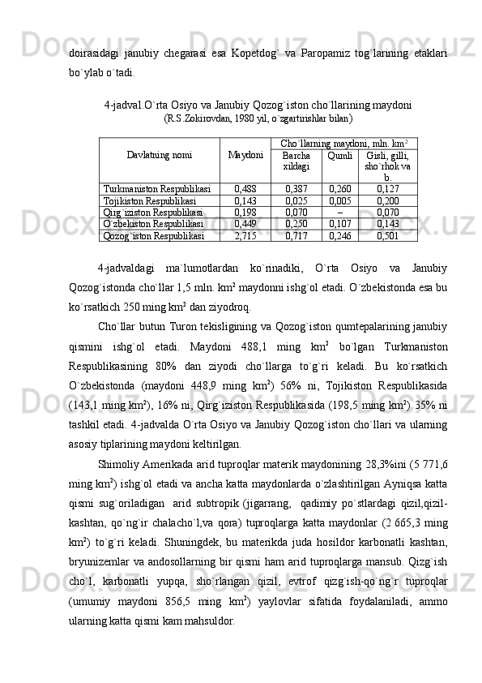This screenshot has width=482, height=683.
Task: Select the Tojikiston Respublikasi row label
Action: click(x=150, y=200)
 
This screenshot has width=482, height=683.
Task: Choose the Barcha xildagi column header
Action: click(x=296, y=161)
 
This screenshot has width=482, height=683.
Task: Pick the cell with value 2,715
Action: click(x=245, y=236)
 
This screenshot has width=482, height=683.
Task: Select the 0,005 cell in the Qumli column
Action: click(x=339, y=200)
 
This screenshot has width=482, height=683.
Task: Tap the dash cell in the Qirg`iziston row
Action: click(x=339, y=213)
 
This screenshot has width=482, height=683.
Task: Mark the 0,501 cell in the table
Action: click(x=387, y=236)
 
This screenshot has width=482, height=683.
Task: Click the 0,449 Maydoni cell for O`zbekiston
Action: click(x=245, y=224)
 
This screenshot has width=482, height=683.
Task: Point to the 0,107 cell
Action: click(x=339, y=224)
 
